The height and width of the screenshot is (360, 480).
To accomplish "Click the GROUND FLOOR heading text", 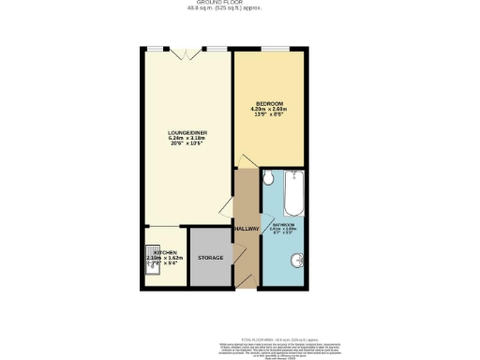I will click(x=240, y=3).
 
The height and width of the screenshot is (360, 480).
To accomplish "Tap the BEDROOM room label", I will click(x=269, y=103).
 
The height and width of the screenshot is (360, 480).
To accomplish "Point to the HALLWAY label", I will click(x=247, y=229).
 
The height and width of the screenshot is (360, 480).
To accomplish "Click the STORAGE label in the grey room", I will click(x=209, y=257).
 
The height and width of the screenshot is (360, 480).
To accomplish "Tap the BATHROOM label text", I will click(x=285, y=225).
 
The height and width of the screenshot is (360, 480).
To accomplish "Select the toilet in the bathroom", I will click(x=268, y=178).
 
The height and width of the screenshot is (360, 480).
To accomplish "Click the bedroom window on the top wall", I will click(x=275, y=48).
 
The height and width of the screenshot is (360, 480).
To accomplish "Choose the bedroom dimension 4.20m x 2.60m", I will click(x=269, y=110).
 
